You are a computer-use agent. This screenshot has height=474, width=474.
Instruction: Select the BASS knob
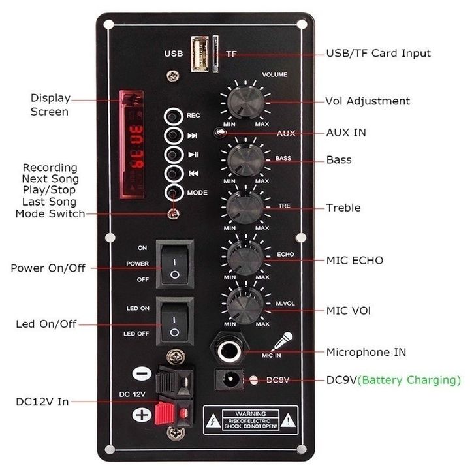(245, 159)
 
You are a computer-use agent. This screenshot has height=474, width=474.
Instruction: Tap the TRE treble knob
(245, 206)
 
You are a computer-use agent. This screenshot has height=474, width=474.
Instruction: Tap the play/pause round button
(173, 155)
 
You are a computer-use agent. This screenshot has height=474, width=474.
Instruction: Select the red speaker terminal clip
(174, 411)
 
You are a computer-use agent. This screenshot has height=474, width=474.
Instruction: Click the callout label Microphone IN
(366, 352)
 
